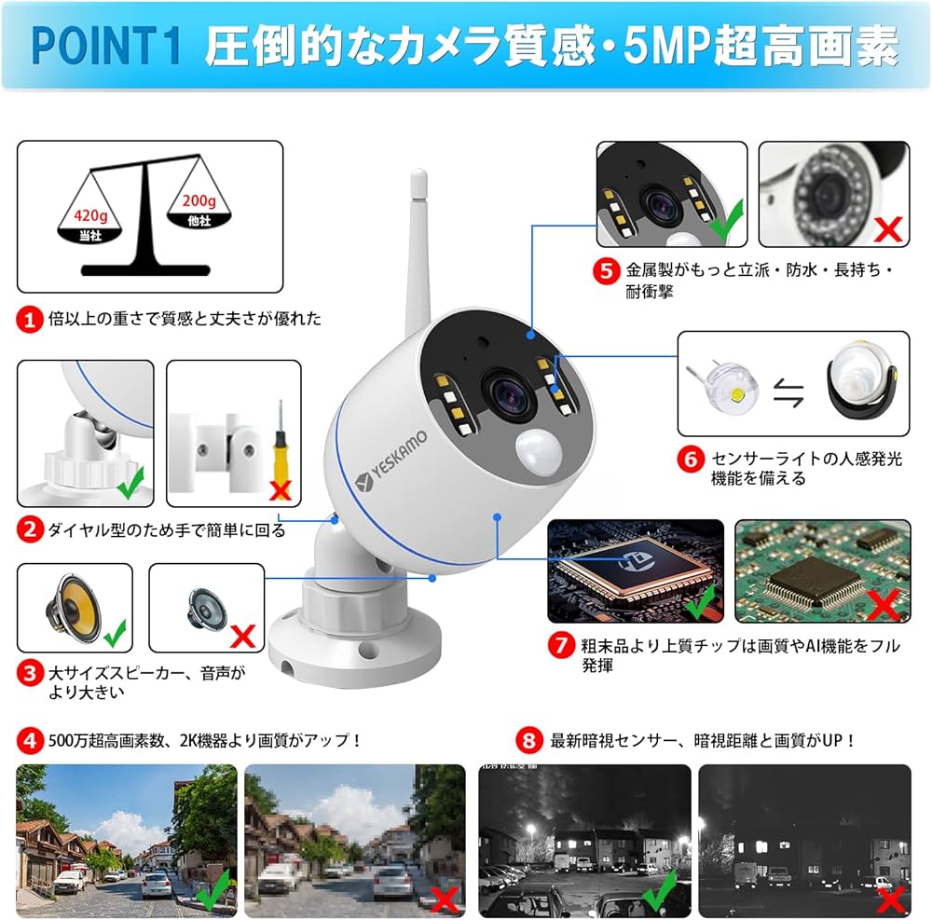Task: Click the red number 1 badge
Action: coord(29,319)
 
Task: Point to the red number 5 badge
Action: coord(607,271)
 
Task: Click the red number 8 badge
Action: coord(529,741)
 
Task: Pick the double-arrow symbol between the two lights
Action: coord(789,395)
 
